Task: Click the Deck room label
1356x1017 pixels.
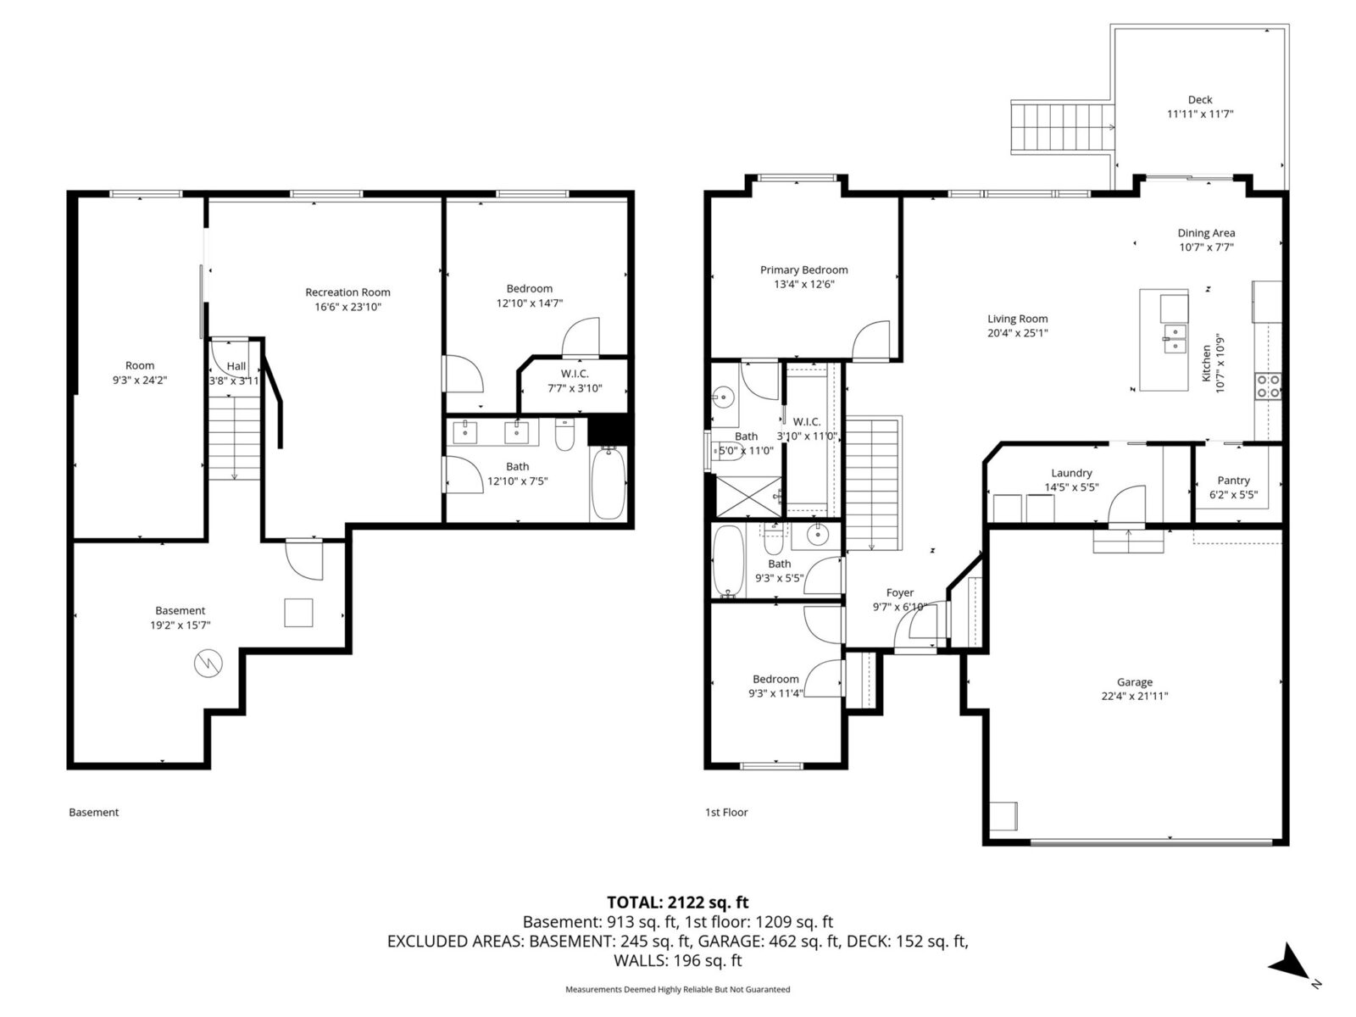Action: (x=1199, y=100)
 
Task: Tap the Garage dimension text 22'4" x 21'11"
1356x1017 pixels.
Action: (x=1134, y=696)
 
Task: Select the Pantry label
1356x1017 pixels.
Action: (x=1233, y=481)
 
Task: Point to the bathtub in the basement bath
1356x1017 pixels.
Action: (x=608, y=483)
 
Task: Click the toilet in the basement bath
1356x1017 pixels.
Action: (x=565, y=436)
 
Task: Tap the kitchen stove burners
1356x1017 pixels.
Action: (x=1268, y=386)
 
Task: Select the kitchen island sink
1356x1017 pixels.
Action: (x=1174, y=336)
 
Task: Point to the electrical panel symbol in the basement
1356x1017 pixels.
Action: (x=208, y=664)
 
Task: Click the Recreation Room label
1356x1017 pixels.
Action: (x=347, y=292)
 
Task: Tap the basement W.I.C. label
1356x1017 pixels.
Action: (x=574, y=374)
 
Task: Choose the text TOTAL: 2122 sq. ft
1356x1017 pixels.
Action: (x=677, y=903)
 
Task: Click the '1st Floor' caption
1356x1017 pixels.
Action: (x=726, y=812)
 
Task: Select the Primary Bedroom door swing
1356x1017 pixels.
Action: (x=872, y=339)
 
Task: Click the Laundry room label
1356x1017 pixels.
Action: (x=1071, y=473)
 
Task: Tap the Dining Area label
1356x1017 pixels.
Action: (x=1205, y=233)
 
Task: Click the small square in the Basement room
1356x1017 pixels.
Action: (x=298, y=613)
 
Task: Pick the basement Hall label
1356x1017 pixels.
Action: (x=236, y=366)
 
